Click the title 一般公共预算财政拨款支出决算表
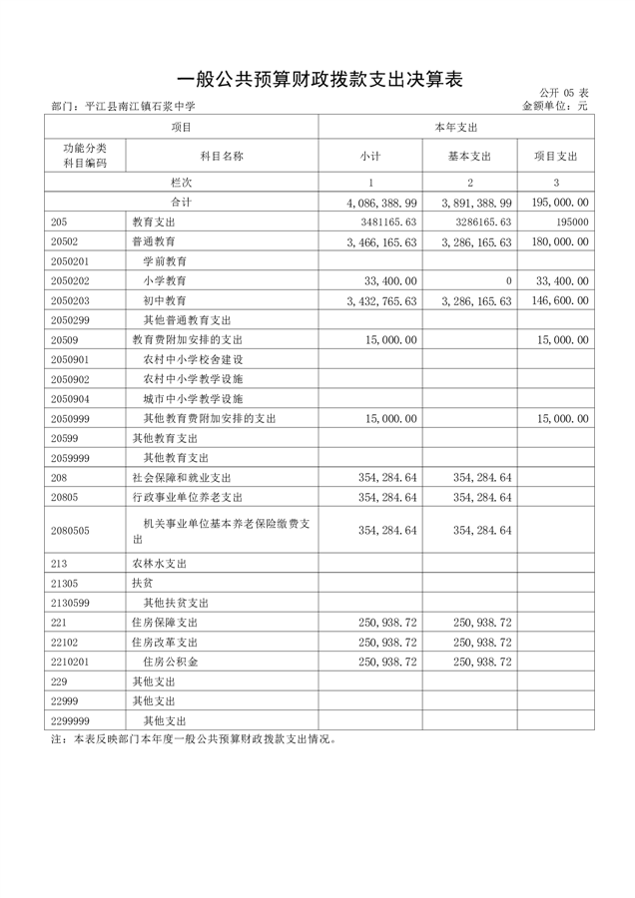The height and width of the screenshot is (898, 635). point(317,80)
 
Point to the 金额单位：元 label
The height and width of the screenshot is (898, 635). point(555,106)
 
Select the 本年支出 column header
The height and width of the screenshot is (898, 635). point(456,128)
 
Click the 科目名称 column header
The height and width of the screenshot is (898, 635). point(222,157)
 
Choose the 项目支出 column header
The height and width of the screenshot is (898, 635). point(555,157)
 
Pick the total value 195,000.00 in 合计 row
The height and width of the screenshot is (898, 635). point(557,203)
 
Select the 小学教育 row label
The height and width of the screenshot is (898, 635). point(165,281)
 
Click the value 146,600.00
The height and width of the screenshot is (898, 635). point(557,300)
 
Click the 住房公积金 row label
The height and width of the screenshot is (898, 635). point(171,662)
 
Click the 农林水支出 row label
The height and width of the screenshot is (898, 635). point(160,564)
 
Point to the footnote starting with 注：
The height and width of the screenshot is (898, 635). point(195,740)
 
